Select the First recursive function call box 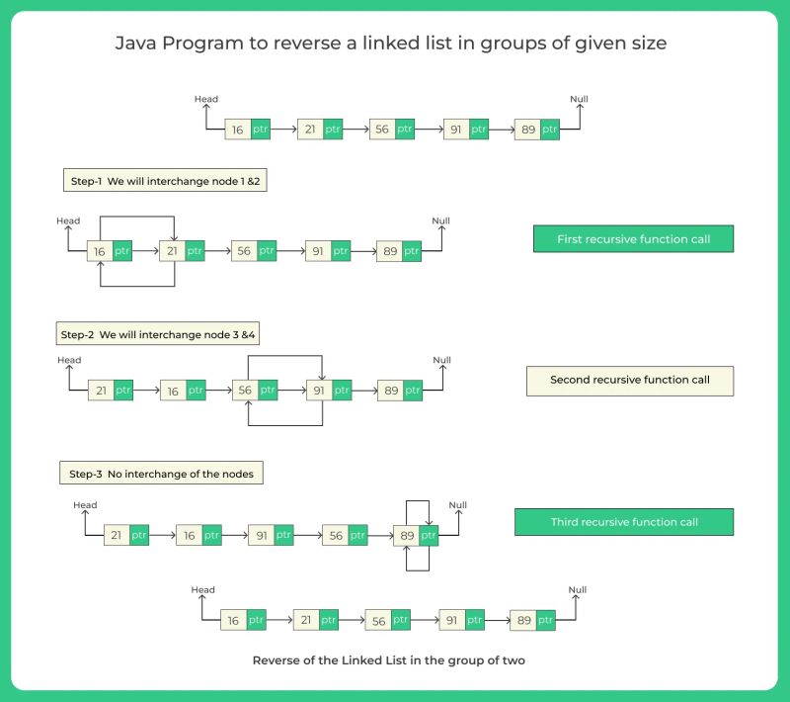(633, 239)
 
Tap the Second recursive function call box (629, 381)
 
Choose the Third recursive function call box (623, 522)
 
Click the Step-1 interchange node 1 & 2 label (164, 182)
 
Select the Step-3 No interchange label (161, 474)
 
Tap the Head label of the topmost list (206, 100)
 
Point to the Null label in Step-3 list (458, 505)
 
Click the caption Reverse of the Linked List (388, 660)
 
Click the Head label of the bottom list (202, 590)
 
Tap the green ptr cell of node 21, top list (333, 130)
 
